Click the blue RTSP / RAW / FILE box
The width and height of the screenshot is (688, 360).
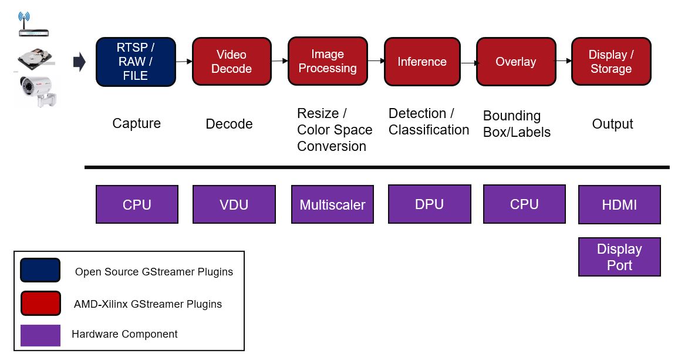[136, 62]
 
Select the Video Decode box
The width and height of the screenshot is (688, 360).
[232, 62]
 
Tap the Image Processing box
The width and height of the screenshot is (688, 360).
[328, 61]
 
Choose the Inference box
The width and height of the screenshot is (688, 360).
[422, 62]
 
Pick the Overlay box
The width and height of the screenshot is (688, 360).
[516, 62]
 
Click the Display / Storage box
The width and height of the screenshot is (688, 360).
[611, 62]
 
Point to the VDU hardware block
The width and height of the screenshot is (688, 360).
[234, 204]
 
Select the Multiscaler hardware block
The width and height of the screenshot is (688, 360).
[333, 204]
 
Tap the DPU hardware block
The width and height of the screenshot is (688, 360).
[430, 204]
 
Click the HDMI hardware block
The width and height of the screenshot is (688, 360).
[619, 204]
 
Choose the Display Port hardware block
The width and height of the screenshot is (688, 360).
[619, 257]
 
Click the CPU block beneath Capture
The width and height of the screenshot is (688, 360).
[137, 204]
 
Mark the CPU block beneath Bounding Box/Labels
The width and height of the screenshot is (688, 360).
[524, 204]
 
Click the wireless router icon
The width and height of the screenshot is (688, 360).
[33, 25]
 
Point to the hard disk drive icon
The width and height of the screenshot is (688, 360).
[35, 59]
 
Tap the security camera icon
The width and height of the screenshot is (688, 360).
[38, 91]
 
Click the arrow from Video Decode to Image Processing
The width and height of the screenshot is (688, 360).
[279, 61]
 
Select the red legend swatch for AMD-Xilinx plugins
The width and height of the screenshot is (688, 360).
[41, 304]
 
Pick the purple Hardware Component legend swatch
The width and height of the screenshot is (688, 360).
[41, 335]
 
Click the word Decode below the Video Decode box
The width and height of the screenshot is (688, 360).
[229, 124]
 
